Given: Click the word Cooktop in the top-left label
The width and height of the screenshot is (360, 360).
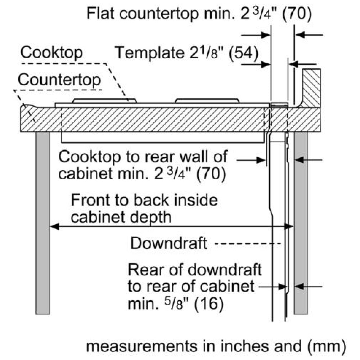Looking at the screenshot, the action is [x=51, y=53].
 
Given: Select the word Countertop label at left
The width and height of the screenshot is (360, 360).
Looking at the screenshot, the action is [x=59, y=80].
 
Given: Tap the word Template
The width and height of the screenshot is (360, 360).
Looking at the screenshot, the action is [x=149, y=53].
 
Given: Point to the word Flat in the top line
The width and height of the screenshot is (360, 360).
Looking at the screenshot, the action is [x=100, y=13].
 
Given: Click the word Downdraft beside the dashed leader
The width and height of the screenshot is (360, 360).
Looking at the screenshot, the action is [x=169, y=243].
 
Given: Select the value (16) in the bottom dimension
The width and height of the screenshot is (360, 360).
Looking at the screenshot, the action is [x=209, y=304].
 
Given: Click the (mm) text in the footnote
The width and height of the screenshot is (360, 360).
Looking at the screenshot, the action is [x=327, y=346].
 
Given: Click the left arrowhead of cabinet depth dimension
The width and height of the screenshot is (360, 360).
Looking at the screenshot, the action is [x=54, y=226].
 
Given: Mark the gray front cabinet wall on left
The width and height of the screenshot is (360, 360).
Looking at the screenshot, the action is [x=42, y=223].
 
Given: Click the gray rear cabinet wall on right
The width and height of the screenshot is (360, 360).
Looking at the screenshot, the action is [x=301, y=223].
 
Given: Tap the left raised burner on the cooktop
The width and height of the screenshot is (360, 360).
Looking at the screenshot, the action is [x=105, y=100].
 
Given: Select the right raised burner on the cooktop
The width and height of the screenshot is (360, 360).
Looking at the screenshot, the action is [x=207, y=100].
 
